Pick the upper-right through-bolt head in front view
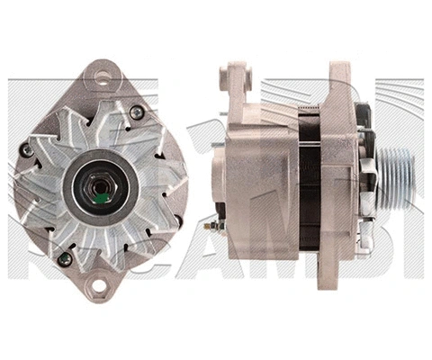[x=137, y=112]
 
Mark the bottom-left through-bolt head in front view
[x=63, y=258]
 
